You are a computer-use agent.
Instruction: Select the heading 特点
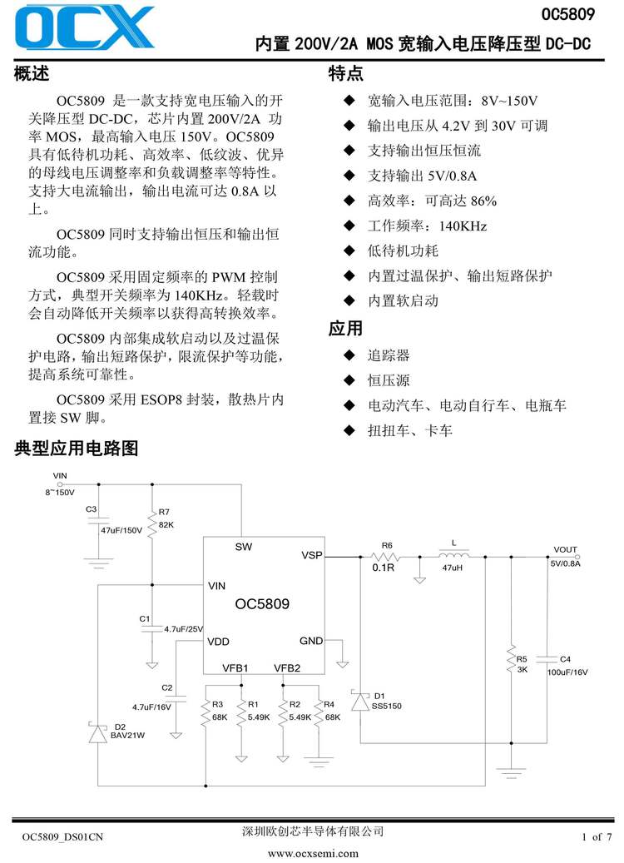(346, 74)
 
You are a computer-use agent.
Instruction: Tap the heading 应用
(346, 328)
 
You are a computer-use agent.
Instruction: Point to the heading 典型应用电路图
(76, 449)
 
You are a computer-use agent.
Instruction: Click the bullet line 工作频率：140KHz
(427, 226)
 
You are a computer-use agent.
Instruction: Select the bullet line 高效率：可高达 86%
(432, 201)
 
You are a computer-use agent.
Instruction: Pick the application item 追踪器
(389, 355)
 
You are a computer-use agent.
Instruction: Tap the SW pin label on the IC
(243, 547)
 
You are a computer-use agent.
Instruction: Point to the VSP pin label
(311, 555)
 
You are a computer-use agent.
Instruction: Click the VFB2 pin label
(287, 667)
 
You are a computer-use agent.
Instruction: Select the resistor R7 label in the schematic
(164, 512)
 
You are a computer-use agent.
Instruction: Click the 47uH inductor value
(452, 567)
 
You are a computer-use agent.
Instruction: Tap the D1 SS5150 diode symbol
(360, 701)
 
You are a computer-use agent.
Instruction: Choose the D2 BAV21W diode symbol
(97, 734)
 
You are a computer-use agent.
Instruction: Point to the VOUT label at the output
(565, 549)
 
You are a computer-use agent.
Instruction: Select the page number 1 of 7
(596, 836)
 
